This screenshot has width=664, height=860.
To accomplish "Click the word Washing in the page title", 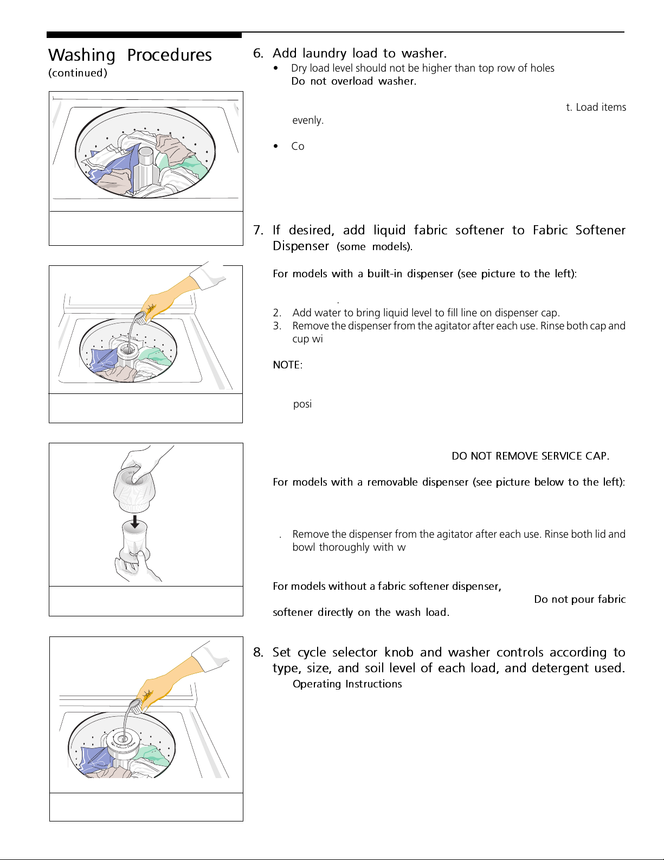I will click(x=82, y=55).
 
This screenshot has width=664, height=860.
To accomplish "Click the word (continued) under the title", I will click(x=78, y=73).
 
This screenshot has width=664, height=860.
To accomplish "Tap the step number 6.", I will click(x=258, y=53).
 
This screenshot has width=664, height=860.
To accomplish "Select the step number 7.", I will click(x=258, y=230).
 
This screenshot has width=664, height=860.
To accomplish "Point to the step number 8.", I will click(x=258, y=652).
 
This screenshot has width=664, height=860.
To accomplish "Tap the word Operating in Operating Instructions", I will click(x=317, y=684).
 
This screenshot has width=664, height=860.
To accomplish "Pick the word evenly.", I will click(x=308, y=120).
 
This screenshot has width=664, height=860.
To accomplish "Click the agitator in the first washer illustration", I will click(x=145, y=165).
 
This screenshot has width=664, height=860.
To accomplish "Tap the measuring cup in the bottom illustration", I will click(x=136, y=705).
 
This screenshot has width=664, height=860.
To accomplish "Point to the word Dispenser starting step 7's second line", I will click(x=301, y=246).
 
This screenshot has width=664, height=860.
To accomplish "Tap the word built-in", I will click(x=385, y=274).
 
